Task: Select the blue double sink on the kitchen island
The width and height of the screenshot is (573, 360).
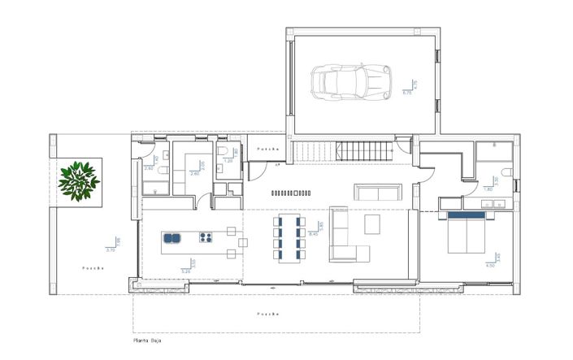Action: coord(172,239)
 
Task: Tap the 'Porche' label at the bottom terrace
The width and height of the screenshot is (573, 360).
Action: coord(268,312)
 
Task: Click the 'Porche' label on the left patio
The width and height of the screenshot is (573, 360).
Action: coord(92,267)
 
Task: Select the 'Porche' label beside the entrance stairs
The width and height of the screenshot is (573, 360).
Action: coord(267,150)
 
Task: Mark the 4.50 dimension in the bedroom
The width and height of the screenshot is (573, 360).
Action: coord(489,265)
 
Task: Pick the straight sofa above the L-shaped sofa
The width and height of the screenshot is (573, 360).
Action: coord(378,192)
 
